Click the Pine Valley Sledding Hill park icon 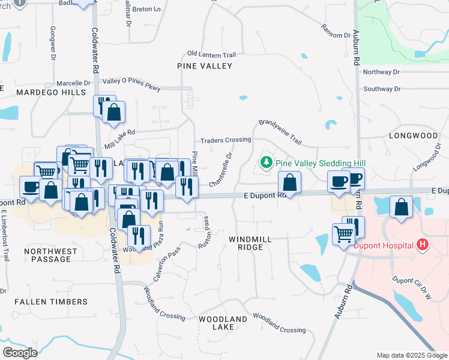tap(265, 163)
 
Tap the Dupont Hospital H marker tap(423, 245)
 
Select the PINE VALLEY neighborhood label tap(204, 66)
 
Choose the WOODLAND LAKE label tap(223, 323)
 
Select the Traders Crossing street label tap(226, 140)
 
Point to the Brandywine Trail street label tap(280, 131)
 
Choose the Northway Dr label tap(381, 72)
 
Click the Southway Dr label tap(382, 89)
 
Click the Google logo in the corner tap(20, 353)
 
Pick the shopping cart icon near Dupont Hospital tap(343, 233)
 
